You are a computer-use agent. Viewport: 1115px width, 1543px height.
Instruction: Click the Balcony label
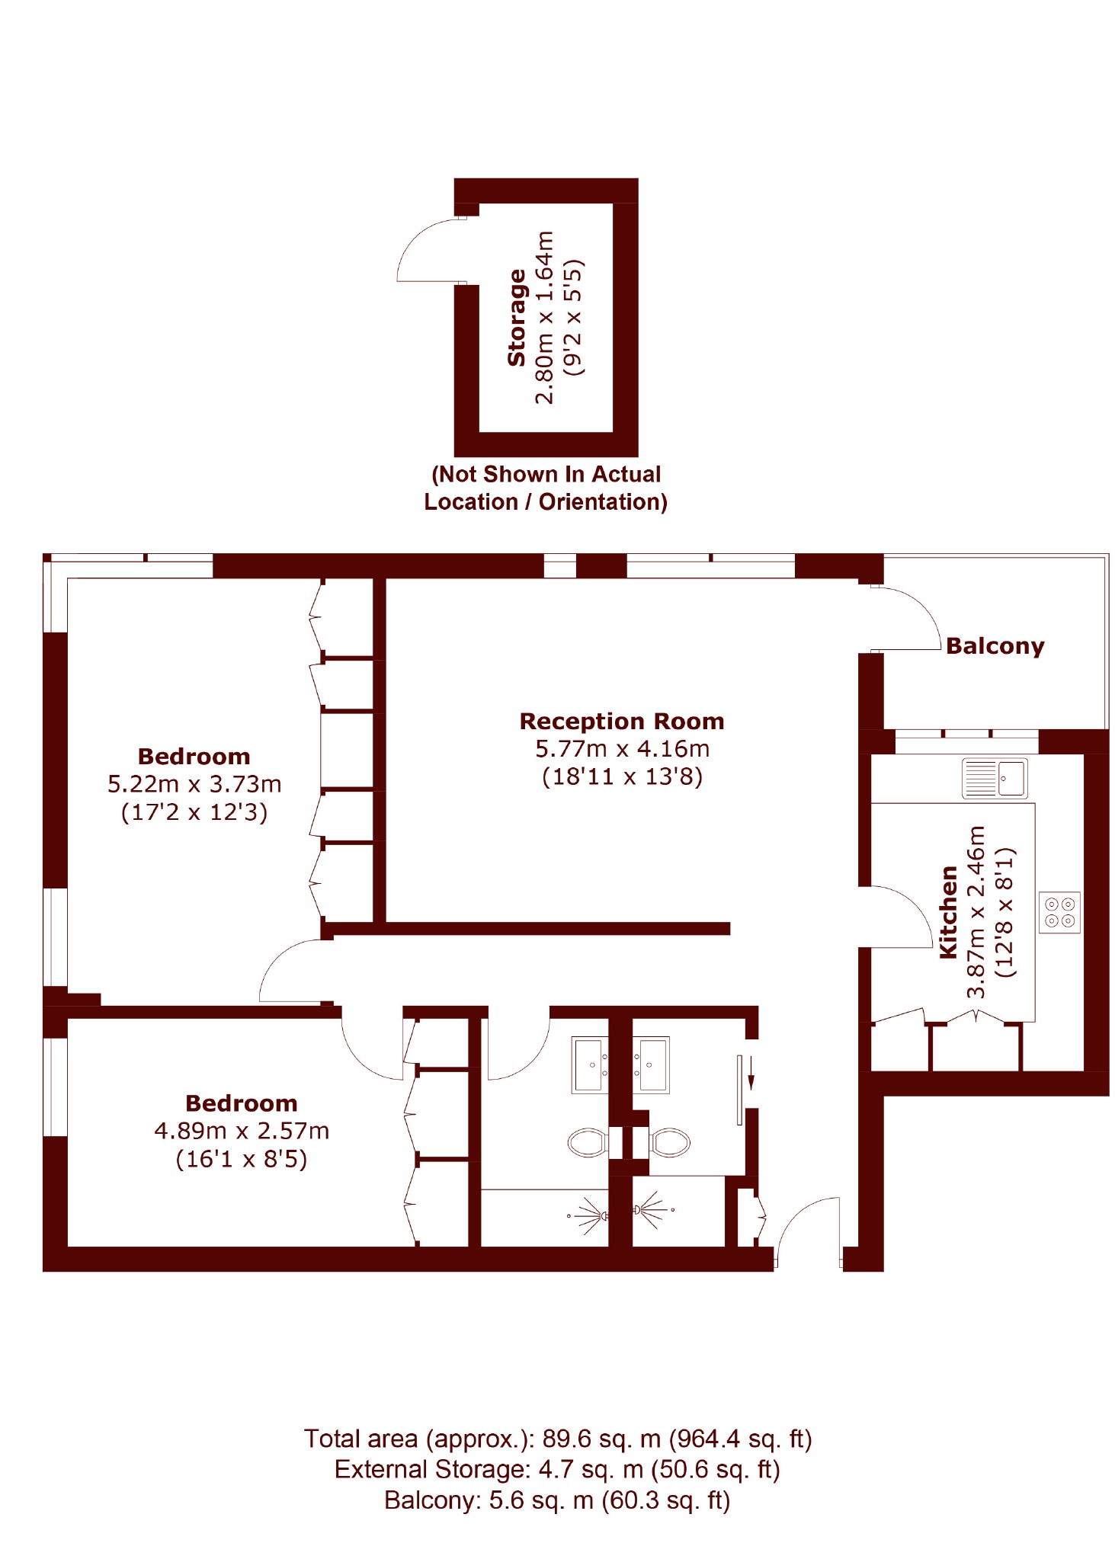tap(995, 646)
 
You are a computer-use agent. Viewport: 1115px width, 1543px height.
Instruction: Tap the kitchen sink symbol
tap(994, 778)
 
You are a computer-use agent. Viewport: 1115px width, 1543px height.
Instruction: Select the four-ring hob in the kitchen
tap(1059, 912)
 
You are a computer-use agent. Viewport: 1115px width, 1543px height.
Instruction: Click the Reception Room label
tap(622, 721)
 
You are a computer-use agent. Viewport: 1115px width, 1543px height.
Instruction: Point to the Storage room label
tap(517, 318)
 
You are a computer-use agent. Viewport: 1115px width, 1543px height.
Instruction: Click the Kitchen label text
tap(948, 912)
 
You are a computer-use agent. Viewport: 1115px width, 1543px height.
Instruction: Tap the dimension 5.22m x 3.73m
tap(194, 784)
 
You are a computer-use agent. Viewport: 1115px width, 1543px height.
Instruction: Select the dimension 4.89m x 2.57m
tap(242, 1131)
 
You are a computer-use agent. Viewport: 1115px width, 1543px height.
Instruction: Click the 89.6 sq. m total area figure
tap(601, 1439)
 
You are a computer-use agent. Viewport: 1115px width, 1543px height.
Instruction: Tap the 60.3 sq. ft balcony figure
tap(666, 1500)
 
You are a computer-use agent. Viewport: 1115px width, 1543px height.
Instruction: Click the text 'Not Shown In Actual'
tap(546, 475)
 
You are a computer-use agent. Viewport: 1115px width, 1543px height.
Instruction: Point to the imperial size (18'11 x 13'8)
tap(622, 776)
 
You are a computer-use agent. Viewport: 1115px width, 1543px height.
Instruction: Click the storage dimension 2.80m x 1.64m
tap(545, 318)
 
